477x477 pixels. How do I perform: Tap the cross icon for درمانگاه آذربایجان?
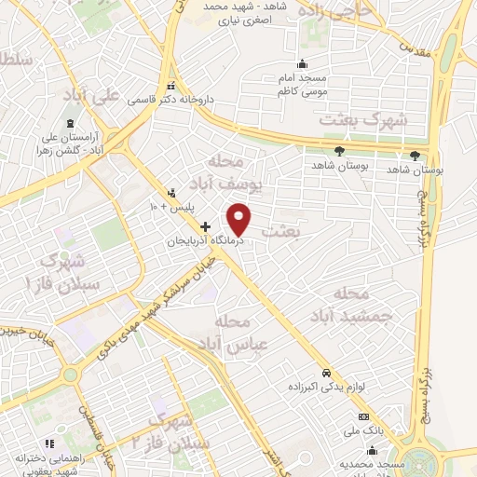click(206, 226)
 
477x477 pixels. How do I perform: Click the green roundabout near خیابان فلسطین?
click(70, 375)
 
